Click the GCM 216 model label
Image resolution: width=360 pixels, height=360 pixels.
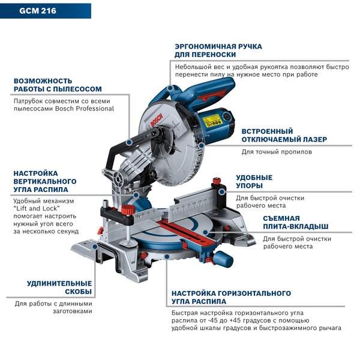tap(38, 11)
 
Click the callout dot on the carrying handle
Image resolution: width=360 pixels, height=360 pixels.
tap(170, 88)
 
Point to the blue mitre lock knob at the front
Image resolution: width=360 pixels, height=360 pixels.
tap(223, 258)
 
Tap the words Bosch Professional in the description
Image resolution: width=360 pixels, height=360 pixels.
tap(85, 109)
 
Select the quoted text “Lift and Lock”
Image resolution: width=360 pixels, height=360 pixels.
tap(37, 208)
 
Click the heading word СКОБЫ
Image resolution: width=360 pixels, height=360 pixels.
tap(78, 292)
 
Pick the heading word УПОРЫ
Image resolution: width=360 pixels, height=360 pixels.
tap(250, 185)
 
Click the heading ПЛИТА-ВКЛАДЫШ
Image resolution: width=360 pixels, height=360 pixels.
tap(296, 226)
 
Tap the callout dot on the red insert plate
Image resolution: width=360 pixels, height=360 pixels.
tap(205, 232)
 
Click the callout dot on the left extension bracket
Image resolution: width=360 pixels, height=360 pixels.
tap(95, 247)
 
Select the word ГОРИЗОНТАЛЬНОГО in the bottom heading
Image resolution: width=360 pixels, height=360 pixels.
tap(254, 293)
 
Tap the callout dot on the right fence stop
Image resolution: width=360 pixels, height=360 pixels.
tap(221, 192)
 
